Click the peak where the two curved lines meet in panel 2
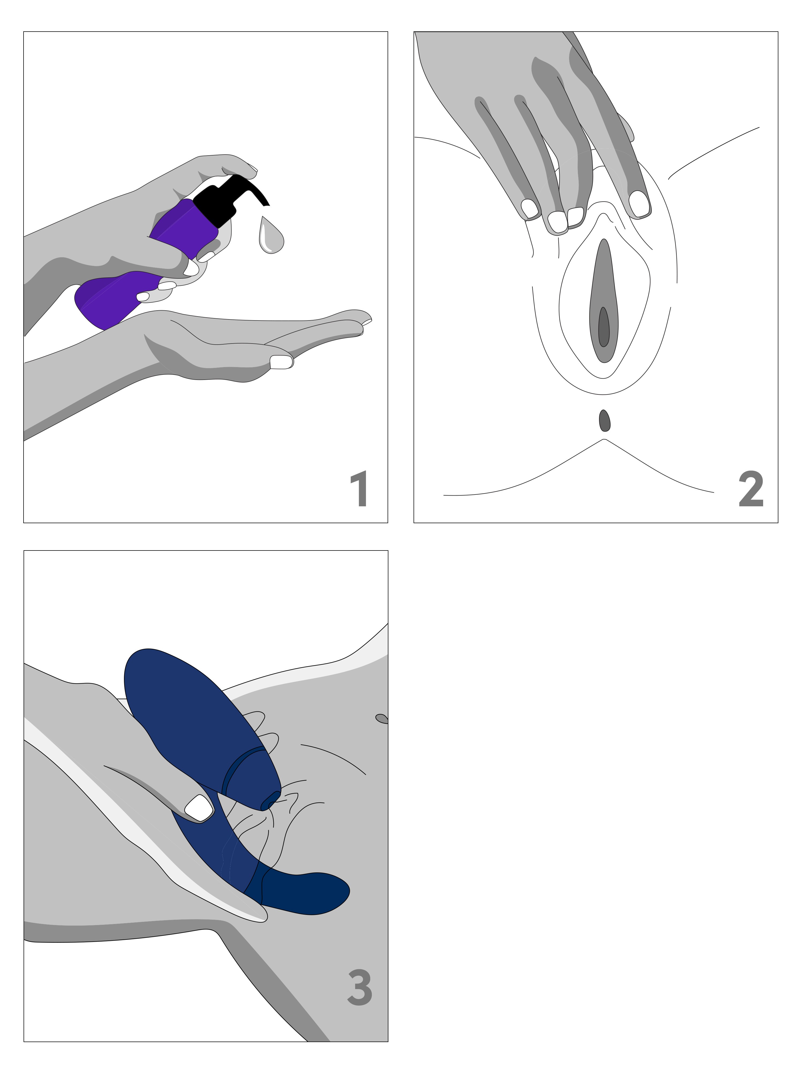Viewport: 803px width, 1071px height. [x=603, y=439]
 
